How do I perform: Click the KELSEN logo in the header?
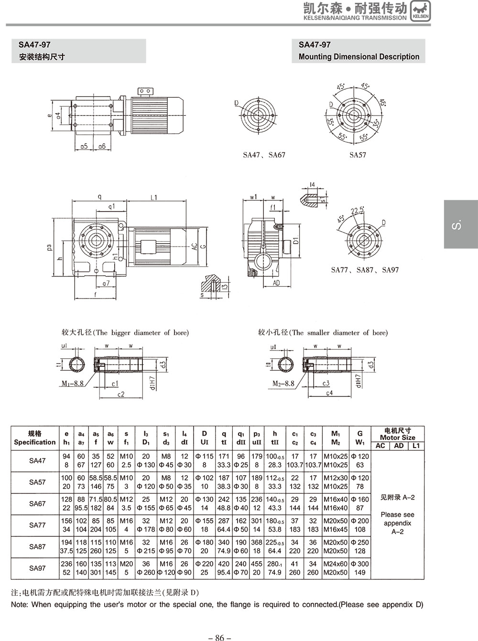[421, 11]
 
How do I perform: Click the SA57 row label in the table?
[37, 482]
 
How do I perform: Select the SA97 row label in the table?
[37, 568]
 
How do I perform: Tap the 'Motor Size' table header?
[397, 437]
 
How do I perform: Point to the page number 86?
[219, 637]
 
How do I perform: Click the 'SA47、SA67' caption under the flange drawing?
[264, 155]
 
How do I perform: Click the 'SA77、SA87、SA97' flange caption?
[365, 270]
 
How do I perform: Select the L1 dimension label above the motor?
[154, 196]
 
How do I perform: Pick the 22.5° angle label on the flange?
[357, 210]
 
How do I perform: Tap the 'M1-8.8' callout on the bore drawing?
[73, 383]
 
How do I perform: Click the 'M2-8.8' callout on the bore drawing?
[283, 383]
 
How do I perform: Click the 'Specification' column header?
[35, 442]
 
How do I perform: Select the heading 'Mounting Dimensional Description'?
[358, 56]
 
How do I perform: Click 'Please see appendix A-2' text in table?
[397, 523]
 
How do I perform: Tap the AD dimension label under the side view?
[276, 283]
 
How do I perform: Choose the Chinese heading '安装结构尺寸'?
[42, 57]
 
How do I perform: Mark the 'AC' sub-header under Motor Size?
[380, 446]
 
